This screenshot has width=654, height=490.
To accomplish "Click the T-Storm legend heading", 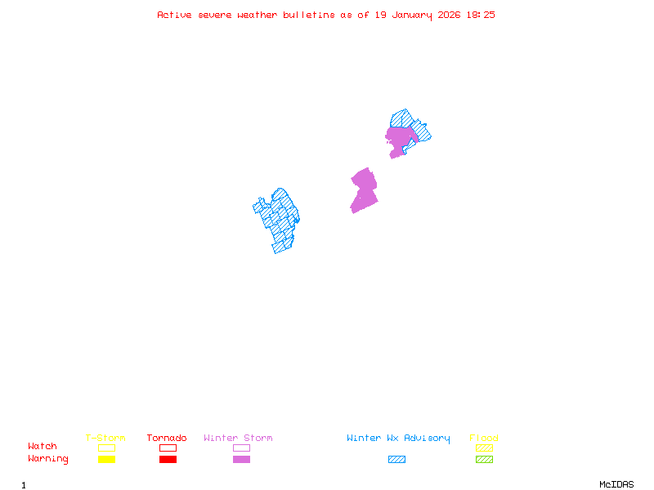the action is click(x=105, y=439).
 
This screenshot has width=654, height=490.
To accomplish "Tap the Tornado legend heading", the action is click(x=167, y=439).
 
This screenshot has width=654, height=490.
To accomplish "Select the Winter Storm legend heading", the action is click(x=238, y=439).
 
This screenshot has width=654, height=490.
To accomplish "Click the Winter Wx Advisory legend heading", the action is click(x=398, y=439).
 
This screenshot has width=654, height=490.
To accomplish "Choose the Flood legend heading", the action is click(x=484, y=439).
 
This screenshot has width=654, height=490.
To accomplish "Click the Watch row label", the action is click(x=43, y=447).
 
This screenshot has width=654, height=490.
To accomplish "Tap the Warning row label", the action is click(x=48, y=459).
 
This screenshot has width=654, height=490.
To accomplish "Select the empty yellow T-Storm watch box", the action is click(x=106, y=448).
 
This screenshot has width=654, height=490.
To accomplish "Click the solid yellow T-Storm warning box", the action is click(x=106, y=460).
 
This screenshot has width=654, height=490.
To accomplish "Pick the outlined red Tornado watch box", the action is click(x=168, y=448).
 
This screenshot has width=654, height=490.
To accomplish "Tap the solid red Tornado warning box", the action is click(x=168, y=460).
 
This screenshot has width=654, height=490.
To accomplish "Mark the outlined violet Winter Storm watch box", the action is click(x=241, y=448).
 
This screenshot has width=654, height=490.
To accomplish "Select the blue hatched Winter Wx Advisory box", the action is click(x=396, y=460).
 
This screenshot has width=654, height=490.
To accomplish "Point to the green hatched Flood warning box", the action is click(x=484, y=460).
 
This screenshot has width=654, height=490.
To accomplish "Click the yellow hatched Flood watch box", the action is click(x=484, y=448).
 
